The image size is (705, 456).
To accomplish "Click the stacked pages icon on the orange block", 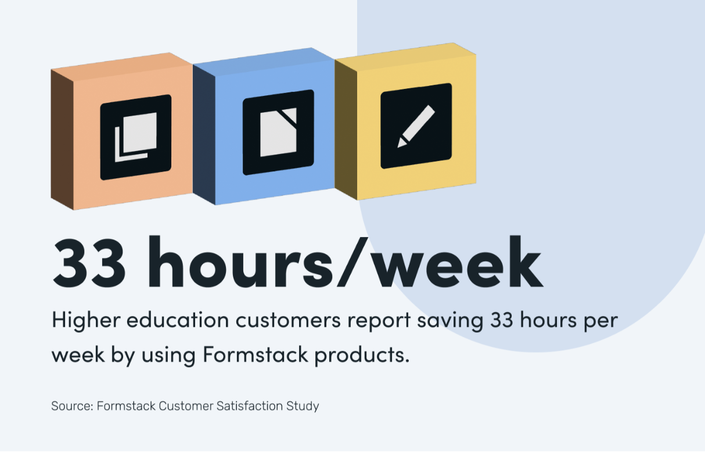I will (136, 137).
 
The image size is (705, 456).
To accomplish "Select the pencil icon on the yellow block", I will (416, 126).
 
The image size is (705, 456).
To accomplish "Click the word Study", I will (303, 406).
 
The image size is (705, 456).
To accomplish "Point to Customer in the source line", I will (186, 405).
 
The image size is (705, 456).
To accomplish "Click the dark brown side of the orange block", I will (62, 139).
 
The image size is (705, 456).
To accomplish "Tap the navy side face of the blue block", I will (204, 134).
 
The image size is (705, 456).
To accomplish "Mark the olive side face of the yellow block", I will (346, 128).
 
